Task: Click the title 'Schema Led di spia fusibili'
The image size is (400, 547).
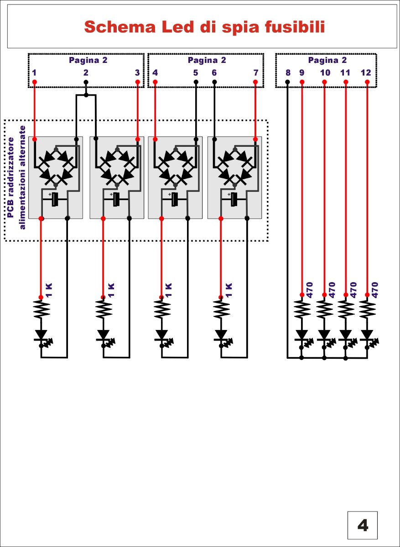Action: tap(204, 27)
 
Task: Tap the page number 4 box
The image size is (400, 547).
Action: tap(363, 526)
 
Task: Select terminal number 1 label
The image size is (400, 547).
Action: tap(34, 72)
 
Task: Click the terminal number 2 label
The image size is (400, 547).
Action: tap(86, 72)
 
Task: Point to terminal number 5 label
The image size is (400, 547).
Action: tap(196, 72)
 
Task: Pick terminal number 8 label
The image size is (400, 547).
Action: tap(287, 72)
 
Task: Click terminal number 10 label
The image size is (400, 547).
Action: tap(325, 72)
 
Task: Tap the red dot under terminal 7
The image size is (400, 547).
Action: tap(255, 82)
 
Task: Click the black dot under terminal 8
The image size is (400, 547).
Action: tap(287, 82)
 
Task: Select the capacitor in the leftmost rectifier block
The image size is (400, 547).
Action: tap(55, 199)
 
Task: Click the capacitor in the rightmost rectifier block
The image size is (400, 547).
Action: tap(234, 199)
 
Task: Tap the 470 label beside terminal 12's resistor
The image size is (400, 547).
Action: tap(375, 290)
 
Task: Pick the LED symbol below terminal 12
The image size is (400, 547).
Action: tap(367, 336)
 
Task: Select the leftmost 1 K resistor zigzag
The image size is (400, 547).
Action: tap(41, 311)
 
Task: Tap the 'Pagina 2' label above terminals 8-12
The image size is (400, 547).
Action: tap(327, 60)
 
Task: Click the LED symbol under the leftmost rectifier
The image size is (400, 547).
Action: tap(42, 336)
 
